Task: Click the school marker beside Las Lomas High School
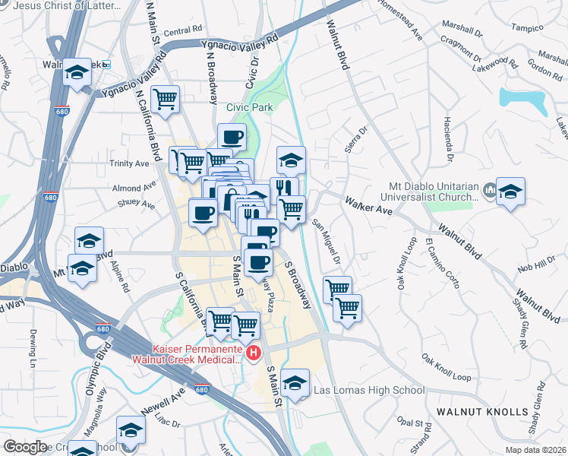[x=295, y=382]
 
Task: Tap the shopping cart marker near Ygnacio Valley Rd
[x=166, y=98]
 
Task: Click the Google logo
[x=24, y=447]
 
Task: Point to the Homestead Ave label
[x=399, y=25]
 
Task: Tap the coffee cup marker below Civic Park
[x=232, y=137]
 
